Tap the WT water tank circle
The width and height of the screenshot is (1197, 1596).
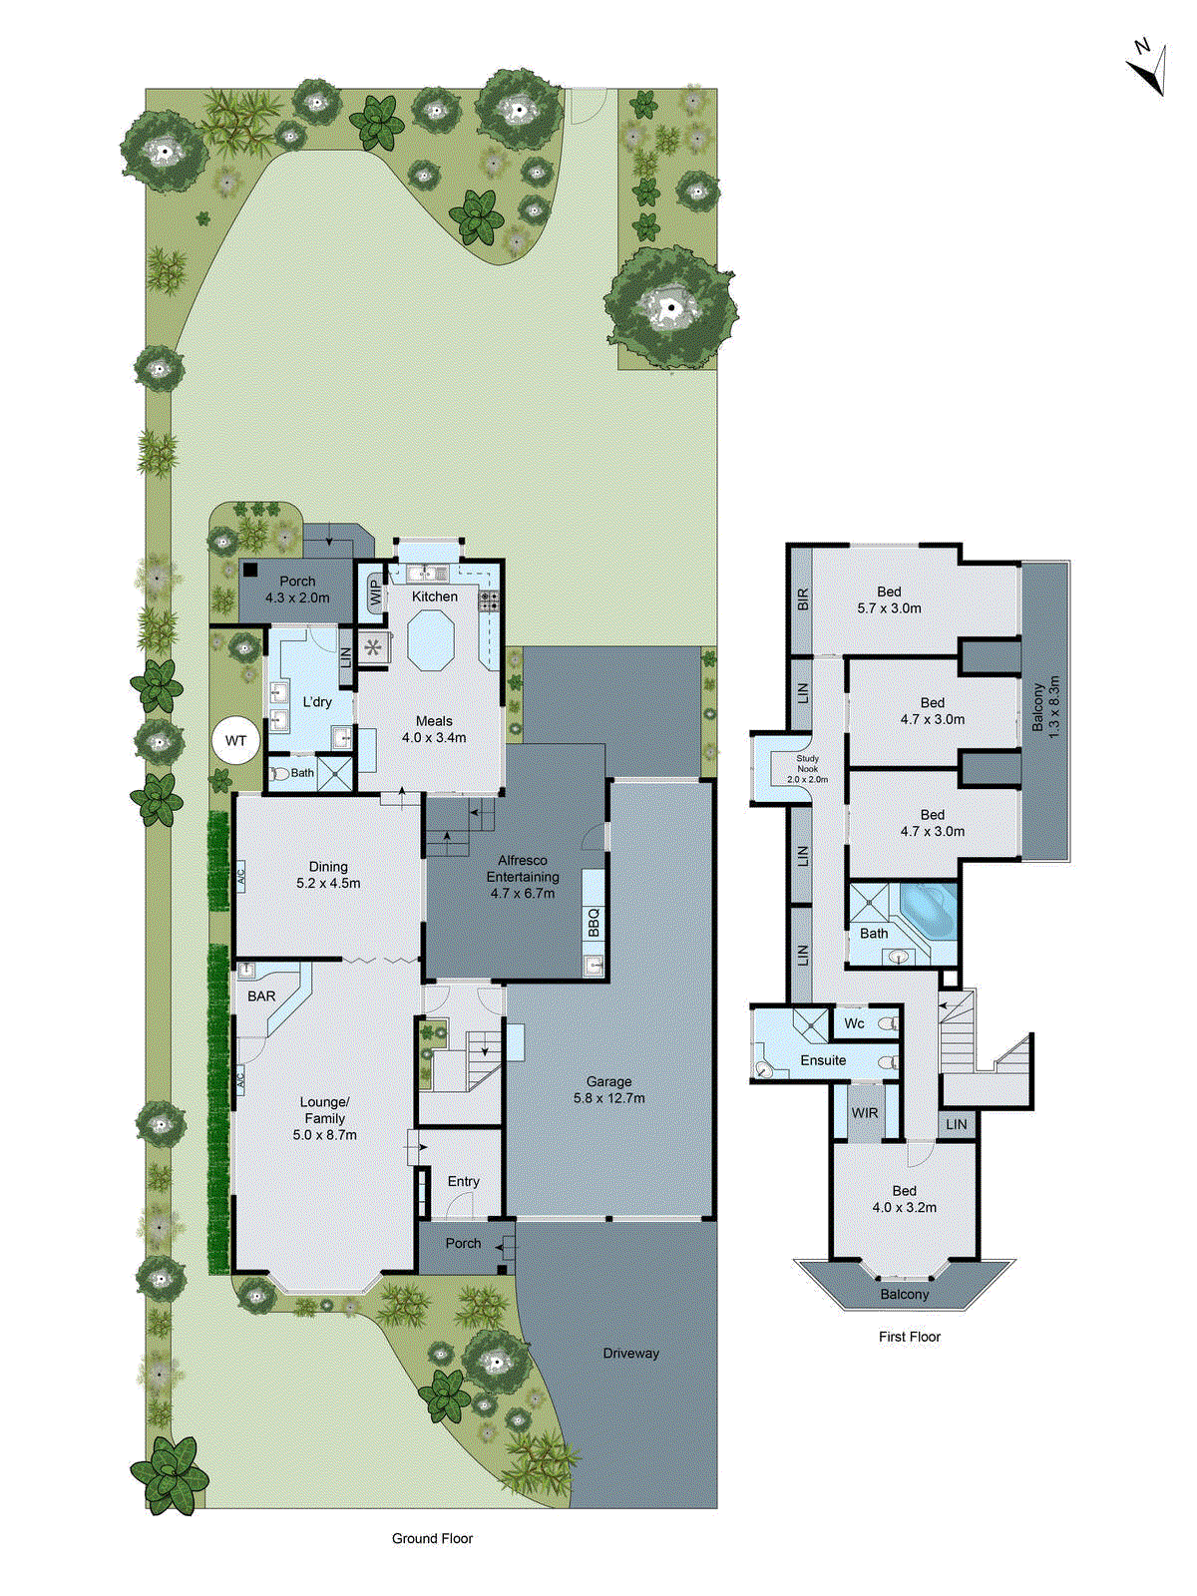pyautogui.click(x=235, y=741)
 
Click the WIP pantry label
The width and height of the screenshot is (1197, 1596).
pyautogui.click(x=375, y=595)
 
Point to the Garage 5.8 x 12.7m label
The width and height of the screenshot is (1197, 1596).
pyautogui.click(x=608, y=1089)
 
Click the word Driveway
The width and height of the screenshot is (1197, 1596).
pyautogui.click(x=630, y=1354)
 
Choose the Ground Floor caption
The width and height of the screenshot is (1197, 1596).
pyautogui.click(x=432, y=1538)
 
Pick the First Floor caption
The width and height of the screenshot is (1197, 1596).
pyautogui.click(x=909, y=1337)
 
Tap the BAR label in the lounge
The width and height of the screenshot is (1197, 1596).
pyautogui.click(x=261, y=997)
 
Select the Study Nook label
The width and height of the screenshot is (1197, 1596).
pyautogui.click(x=807, y=769)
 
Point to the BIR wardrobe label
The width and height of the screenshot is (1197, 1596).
pyautogui.click(x=803, y=599)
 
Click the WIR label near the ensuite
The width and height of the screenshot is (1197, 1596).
pyautogui.click(x=865, y=1113)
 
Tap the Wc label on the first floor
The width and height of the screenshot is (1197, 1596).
pyautogui.click(x=854, y=1023)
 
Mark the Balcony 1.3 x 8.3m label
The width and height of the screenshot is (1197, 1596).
pyautogui.click(x=1045, y=707)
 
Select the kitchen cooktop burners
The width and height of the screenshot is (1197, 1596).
pyautogui.click(x=490, y=600)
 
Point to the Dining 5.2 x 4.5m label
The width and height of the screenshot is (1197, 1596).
pyautogui.click(x=328, y=875)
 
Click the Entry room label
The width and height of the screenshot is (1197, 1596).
pyautogui.click(x=463, y=1181)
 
